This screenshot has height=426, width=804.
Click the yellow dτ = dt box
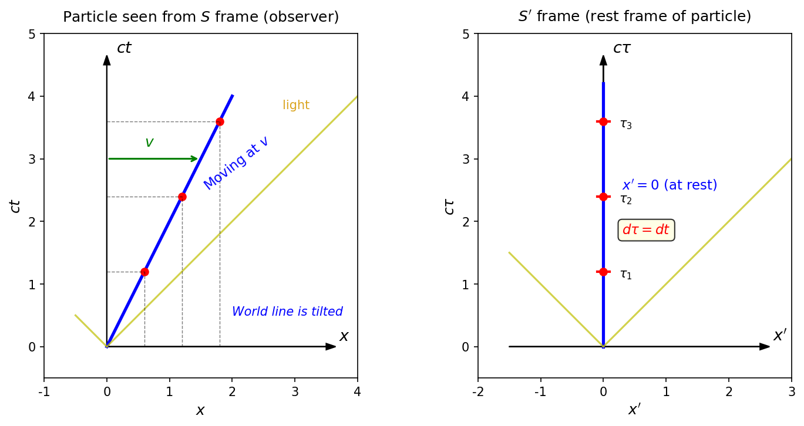click(646, 230)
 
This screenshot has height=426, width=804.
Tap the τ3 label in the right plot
click(626, 124)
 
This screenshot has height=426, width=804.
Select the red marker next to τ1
click(603, 272)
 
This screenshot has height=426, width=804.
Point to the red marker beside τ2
click(603, 197)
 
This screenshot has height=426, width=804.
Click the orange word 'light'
click(296, 104)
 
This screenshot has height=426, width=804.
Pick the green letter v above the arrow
click(149, 143)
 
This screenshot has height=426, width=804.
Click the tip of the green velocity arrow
click(198, 158)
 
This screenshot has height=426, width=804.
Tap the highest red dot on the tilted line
click(220, 122)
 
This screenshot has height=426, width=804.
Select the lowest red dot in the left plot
click(144, 272)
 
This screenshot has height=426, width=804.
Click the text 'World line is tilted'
click(287, 311)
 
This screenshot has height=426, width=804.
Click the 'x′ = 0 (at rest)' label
click(670, 185)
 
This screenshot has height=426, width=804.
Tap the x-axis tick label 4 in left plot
click(357, 392)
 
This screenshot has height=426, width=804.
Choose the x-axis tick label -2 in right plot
click(477, 392)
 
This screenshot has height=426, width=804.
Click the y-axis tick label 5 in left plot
click(32, 34)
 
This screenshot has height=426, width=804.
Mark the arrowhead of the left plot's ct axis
click(107, 60)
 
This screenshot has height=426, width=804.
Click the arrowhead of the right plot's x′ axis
click(765, 346)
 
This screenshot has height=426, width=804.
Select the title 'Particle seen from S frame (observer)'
click(201, 16)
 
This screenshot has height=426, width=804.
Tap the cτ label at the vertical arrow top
click(622, 48)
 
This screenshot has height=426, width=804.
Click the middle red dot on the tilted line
click(182, 197)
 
